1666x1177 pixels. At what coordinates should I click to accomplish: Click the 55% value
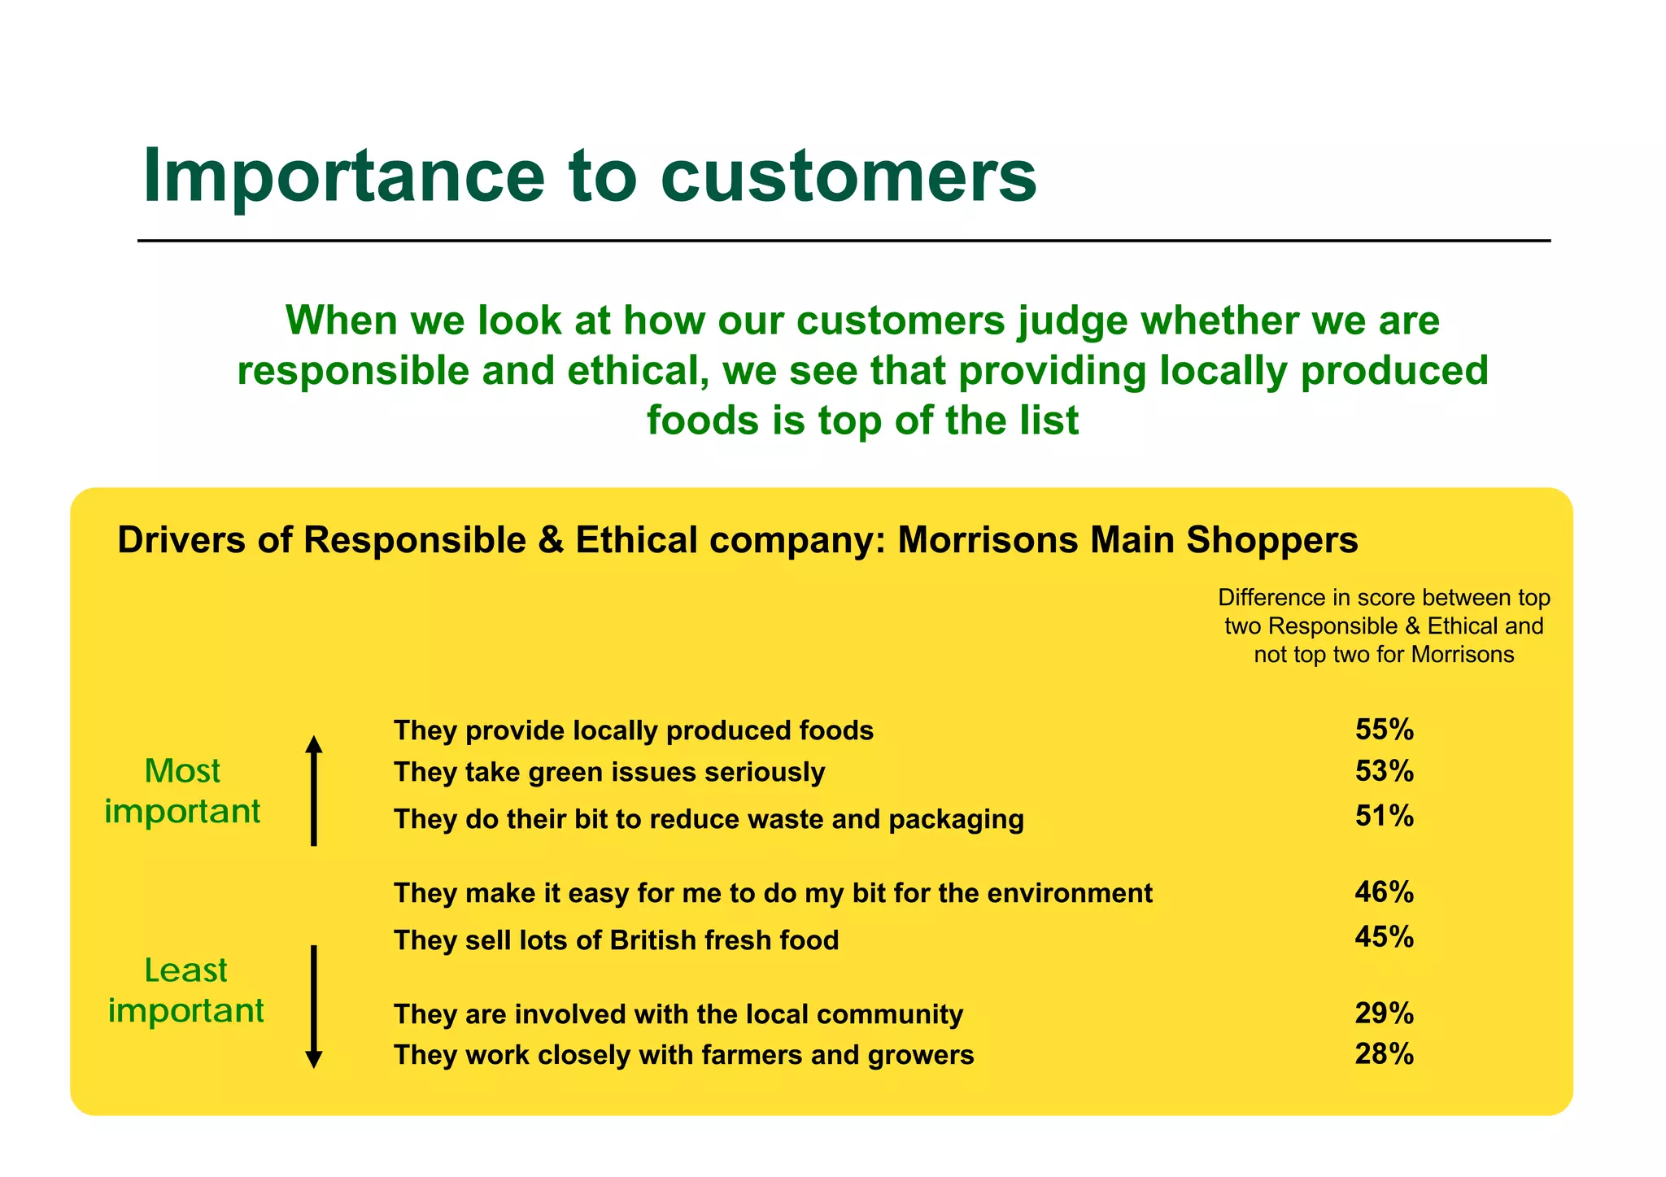pos(1384,730)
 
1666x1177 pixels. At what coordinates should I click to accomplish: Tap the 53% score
pos(1384,771)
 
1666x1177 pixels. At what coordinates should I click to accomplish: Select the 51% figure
pos(1384,816)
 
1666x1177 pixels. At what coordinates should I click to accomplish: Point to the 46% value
pos(1384,892)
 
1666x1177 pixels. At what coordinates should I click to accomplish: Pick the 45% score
pos(1384,937)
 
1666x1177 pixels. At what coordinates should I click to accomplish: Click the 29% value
pos(1384,1014)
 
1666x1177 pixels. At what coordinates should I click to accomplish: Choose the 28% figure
pos(1384,1054)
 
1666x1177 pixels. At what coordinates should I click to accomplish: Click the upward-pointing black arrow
pos(313,790)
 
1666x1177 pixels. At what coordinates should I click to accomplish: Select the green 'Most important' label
pos(182,791)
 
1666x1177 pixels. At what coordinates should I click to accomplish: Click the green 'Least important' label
pos(185,991)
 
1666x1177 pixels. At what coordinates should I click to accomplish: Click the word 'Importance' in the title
pos(342,176)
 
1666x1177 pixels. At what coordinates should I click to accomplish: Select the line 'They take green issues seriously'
pos(608,771)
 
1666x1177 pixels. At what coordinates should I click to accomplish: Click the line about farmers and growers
pos(683,1055)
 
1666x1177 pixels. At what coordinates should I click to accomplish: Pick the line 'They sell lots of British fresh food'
pos(616,940)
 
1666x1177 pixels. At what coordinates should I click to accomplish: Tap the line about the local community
pos(678,1014)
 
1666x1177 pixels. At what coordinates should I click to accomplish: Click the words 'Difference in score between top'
pos(1384,598)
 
